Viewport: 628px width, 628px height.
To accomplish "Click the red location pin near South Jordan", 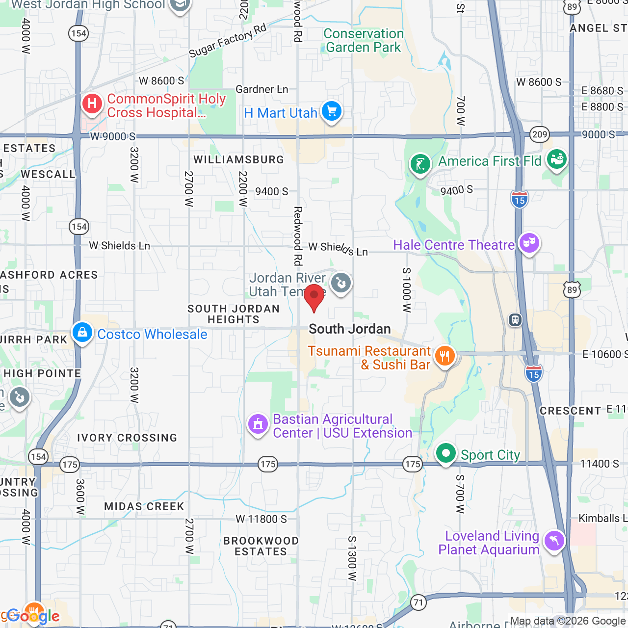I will click(x=314, y=296).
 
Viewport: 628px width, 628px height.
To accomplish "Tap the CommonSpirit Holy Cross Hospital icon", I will click(x=92, y=104).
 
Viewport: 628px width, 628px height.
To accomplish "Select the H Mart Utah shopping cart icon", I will click(x=332, y=111).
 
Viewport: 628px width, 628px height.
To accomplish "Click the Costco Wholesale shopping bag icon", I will click(x=82, y=332).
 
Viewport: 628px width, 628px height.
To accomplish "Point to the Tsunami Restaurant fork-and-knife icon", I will click(x=445, y=356).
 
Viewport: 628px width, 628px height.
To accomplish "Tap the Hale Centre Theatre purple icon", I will click(x=529, y=242).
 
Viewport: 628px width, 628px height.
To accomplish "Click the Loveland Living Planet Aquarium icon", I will click(x=554, y=541).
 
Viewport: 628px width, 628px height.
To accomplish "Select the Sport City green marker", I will click(x=445, y=453).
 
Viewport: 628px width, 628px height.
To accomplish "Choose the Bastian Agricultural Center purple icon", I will click(x=258, y=424).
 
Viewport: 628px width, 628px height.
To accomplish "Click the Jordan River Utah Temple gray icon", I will click(x=340, y=283).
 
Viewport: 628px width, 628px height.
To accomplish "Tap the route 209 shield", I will click(x=540, y=134).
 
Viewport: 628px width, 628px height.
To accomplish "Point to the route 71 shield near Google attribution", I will click(x=418, y=602).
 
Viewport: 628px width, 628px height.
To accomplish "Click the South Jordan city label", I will click(x=350, y=329).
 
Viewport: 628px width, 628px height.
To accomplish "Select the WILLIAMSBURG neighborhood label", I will click(x=238, y=159).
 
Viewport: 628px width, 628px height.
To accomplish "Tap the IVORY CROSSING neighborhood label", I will click(x=127, y=438).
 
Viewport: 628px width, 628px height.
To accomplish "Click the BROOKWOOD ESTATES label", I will click(x=261, y=546).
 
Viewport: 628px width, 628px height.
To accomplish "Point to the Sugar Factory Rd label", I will click(x=228, y=40).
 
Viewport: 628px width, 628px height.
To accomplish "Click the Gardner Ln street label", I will click(x=262, y=89).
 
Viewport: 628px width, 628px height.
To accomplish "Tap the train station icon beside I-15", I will click(x=515, y=320).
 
